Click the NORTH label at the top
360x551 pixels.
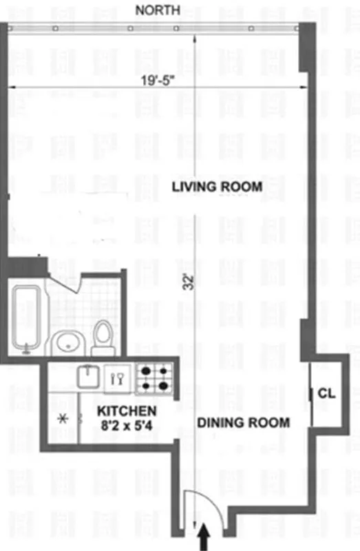(x=158, y=10)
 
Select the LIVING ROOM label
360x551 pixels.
(x=217, y=187)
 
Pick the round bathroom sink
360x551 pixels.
(x=67, y=342)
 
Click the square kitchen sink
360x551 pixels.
(x=89, y=377)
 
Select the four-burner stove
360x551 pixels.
(x=153, y=377)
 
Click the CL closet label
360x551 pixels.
(x=327, y=394)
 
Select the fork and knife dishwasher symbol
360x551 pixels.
(x=118, y=378)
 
